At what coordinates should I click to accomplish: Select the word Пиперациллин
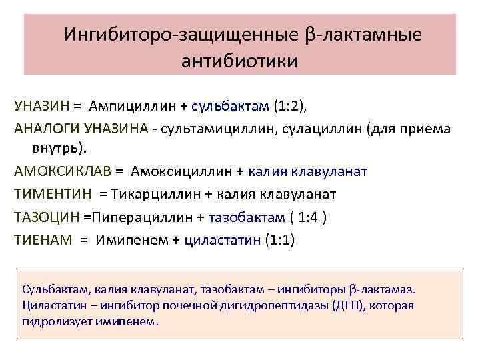141,217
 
